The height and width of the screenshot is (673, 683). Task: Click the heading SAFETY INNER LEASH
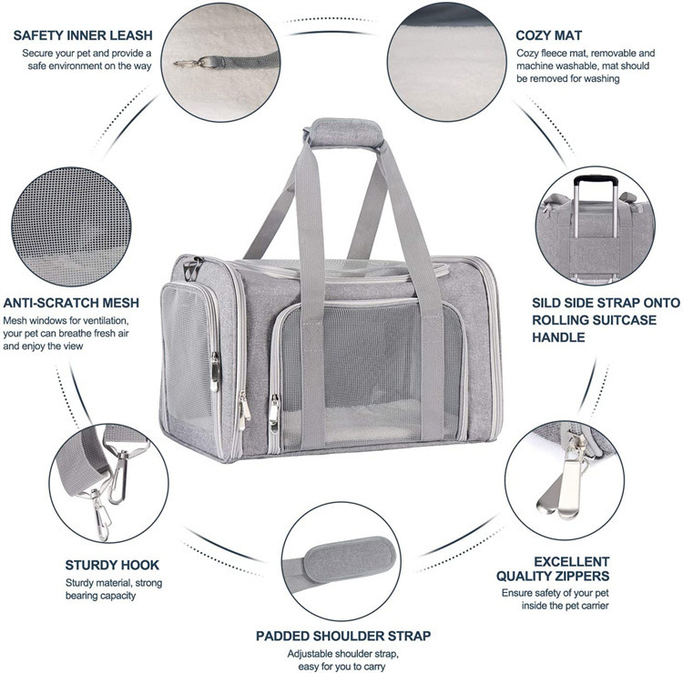[x=83, y=35]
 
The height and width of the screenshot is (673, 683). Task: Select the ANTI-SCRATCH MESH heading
[x=70, y=303]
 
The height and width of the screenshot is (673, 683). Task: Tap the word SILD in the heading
[x=550, y=304]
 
